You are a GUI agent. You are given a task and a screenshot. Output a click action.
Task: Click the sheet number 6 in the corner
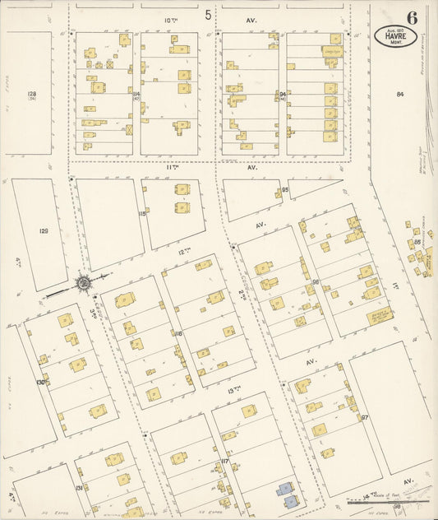(411, 16)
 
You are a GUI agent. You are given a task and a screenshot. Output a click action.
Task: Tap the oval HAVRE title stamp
(395, 35)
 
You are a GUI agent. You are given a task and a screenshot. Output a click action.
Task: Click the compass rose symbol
(85, 285)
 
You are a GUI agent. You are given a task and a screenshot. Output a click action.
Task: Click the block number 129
(44, 231)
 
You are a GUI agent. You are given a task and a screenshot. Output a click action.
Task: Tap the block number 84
(400, 95)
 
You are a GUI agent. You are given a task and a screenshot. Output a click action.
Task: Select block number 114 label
(136, 95)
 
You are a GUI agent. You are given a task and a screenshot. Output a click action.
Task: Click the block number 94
(282, 95)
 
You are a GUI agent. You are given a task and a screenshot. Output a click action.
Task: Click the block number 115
(142, 214)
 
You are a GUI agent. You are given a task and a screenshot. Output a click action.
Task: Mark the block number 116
(178, 333)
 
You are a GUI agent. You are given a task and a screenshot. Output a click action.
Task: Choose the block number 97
(362, 418)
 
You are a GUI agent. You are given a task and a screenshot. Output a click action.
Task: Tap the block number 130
(40, 383)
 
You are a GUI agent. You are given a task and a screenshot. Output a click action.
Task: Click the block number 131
(79, 488)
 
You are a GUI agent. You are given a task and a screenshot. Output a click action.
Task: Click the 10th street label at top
(170, 16)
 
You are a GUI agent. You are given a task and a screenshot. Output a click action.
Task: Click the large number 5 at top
(208, 15)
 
